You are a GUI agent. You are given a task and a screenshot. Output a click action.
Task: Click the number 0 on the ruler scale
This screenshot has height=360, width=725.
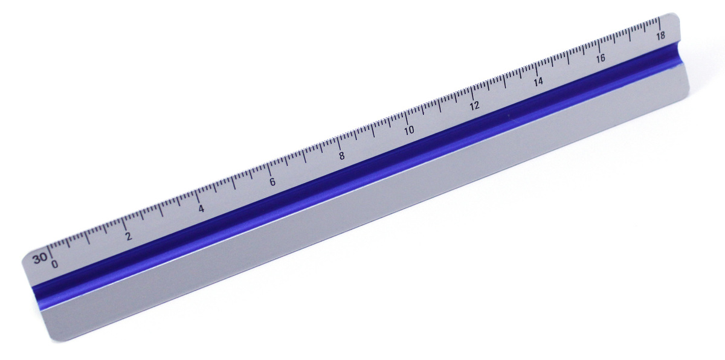click(55, 264)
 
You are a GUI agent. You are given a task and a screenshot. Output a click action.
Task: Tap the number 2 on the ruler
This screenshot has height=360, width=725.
click(129, 236)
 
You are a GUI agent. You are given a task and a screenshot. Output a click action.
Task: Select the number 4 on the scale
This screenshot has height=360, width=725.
click(201, 209)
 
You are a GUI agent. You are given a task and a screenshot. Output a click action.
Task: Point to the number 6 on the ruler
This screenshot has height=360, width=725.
click(272, 182)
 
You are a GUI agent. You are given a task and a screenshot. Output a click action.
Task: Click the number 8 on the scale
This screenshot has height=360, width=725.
click(342, 156)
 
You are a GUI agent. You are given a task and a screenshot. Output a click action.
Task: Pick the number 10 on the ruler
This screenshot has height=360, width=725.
click(409, 130)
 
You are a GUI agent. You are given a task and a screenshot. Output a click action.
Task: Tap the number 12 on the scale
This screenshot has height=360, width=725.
click(474, 106)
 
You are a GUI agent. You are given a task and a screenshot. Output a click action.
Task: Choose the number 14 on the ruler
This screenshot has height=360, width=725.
click(538, 82)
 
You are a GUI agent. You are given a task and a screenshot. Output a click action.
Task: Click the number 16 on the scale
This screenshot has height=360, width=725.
click(601, 59)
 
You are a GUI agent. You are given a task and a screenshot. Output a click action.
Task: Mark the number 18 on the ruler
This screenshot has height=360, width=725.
click(661, 36)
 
